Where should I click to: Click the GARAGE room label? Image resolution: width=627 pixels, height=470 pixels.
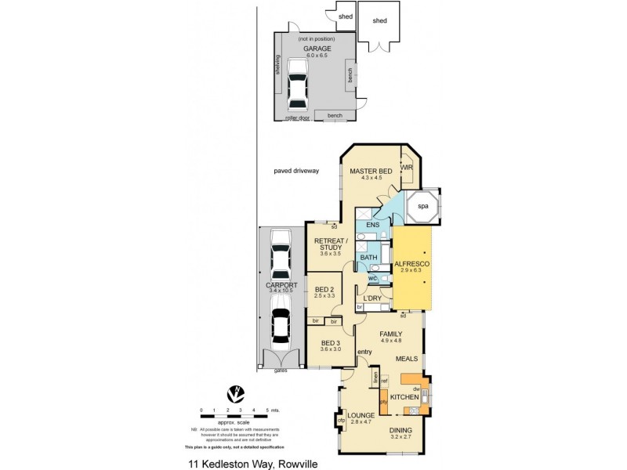(x=317, y=48)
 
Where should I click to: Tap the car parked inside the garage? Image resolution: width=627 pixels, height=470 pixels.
(x=297, y=86)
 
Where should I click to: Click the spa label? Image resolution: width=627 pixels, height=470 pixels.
(x=422, y=206)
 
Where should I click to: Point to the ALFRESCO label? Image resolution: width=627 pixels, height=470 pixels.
(x=412, y=264)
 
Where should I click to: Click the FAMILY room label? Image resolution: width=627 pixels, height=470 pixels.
(x=390, y=333)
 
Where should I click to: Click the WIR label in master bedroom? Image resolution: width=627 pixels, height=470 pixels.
(x=406, y=168)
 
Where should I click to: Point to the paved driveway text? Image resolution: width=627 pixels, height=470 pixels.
(x=295, y=170)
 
